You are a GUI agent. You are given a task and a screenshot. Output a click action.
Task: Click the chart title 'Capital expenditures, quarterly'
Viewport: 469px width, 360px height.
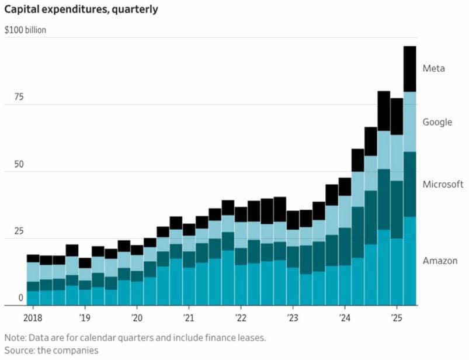81,10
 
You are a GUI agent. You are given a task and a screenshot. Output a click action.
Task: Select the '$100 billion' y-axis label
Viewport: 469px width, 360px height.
25,29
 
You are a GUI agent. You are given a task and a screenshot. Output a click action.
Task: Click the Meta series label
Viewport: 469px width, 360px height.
433,68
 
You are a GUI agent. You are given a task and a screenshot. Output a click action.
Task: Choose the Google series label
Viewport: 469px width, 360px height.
437,122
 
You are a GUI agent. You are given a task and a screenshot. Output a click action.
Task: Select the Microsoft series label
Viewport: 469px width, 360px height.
443,184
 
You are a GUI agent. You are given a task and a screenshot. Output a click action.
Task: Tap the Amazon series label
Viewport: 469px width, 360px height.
440,261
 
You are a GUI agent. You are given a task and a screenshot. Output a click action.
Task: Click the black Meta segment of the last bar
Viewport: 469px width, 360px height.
409,68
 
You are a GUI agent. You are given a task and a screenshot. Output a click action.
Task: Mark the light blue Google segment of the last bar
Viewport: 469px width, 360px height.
409,122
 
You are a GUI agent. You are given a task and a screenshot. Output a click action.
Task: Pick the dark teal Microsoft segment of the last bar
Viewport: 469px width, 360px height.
409,184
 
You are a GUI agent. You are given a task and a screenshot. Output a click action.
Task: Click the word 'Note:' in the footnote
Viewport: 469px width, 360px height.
17,338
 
